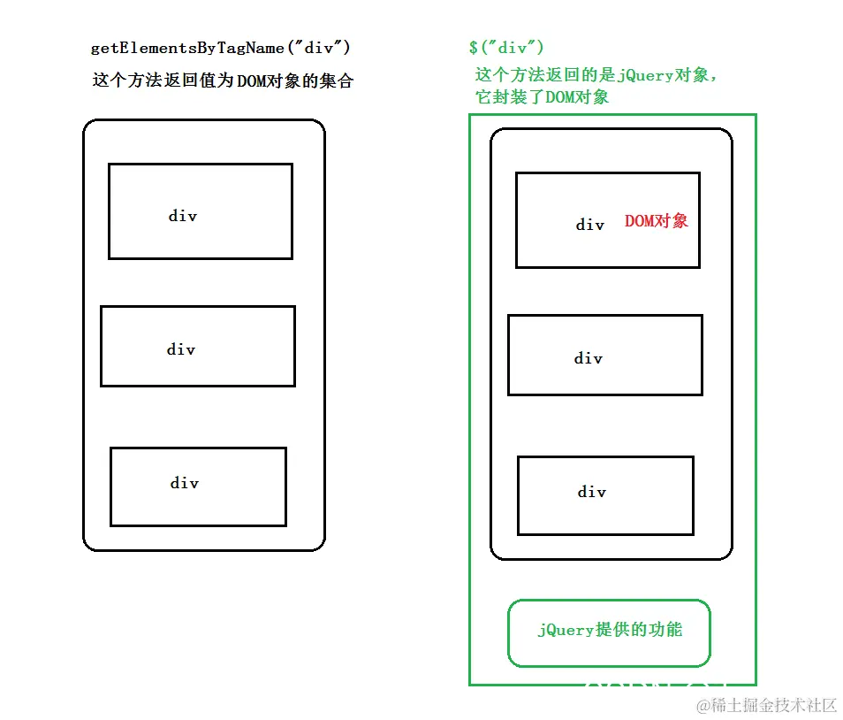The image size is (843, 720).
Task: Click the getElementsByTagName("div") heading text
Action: pyautogui.click(x=214, y=49)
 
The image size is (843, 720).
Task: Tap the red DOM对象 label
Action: pyautogui.click(x=656, y=221)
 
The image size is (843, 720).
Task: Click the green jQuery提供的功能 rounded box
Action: pyautogui.click(x=609, y=632)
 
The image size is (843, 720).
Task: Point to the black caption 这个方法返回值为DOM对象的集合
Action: pyautogui.click(x=223, y=80)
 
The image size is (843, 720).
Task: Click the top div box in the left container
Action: pyautogui.click(x=201, y=211)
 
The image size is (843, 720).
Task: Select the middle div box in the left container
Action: pyautogui.click(x=198, y=346)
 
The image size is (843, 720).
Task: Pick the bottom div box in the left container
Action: pyautogui.click(x=198, y=486)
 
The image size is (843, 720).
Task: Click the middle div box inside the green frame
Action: pyautogui.click(x=605, y=355)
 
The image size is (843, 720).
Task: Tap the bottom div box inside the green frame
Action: pyautogui.click(x=605, y=495)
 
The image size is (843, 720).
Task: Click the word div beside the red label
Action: pyautogui.click(x=590, y=225)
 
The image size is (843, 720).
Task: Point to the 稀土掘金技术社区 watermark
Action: pyautogui.click(x=766, y=705)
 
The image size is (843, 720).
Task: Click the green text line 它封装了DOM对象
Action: pyautogui.click(x=542, y=97)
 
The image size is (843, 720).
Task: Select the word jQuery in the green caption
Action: pyautogui.click(x=647, y=76)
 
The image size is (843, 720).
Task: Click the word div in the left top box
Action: pyautogui.click(x=183, y=216)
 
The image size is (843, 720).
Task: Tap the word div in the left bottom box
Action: pyautogui.click(x=185, y=483)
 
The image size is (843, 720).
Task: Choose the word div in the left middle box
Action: pyautogui.click(x=181, y=349)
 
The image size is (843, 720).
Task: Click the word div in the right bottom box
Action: pyautogui.click(x=592, y=492)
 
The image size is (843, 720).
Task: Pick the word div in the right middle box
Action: pyautogui.click(x=589, y=358)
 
